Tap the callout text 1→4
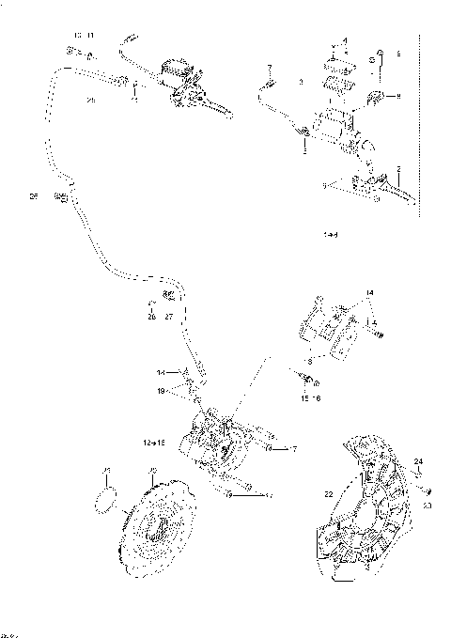click(329, 231)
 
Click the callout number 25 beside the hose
click(33, 197)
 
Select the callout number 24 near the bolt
click(419, 460)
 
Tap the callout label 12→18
click(154, 441)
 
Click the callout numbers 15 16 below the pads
click(311, 397)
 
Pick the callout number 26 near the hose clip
click(150, 317)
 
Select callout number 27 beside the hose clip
click(169, 317)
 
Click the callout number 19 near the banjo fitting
click(162, 390)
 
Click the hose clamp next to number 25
click(62, 197)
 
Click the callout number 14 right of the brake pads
click(369, 294)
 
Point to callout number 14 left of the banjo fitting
click(161, 373)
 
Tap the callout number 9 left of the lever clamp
click(325, 186)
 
